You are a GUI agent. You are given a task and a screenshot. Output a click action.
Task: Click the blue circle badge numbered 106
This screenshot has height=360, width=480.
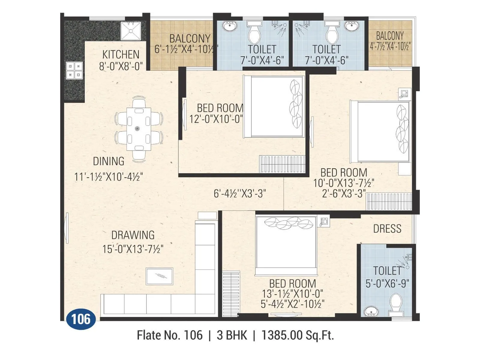point(81,319)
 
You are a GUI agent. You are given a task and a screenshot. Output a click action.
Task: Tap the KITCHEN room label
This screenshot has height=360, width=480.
point(121,55)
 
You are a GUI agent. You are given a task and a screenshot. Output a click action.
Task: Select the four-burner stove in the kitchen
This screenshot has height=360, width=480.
point(74,70)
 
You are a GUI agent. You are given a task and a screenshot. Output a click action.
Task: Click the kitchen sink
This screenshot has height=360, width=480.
point(131,31)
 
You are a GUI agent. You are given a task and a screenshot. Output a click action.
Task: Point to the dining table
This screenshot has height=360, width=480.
point(138,129)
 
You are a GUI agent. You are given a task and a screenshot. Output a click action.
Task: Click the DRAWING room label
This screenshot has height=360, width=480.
point(133,235)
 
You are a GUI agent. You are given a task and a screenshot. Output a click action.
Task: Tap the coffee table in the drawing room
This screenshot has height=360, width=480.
point(159,276)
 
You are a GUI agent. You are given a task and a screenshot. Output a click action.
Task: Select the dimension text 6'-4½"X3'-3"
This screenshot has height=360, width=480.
point(240,194)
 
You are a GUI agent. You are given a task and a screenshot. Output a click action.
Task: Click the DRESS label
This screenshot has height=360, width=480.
point(387,229)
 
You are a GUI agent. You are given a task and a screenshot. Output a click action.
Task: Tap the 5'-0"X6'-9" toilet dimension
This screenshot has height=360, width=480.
point(387,283)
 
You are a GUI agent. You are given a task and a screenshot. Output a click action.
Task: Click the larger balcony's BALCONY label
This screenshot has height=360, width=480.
point(190,39)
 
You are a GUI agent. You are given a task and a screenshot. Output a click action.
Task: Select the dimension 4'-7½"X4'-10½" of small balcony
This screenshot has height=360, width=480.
point(390,47)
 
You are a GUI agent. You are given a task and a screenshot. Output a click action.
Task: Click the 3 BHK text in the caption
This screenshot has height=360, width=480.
point(232,335)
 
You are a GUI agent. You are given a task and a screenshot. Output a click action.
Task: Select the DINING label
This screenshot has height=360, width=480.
point(108,161)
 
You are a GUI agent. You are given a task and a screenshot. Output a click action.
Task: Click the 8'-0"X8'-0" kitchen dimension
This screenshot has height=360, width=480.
point(121,66)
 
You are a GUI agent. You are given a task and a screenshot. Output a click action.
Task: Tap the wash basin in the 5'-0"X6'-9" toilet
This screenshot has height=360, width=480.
point(371,312)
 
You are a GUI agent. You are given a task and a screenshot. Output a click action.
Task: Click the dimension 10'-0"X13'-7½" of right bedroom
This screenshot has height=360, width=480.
point(343,183)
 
